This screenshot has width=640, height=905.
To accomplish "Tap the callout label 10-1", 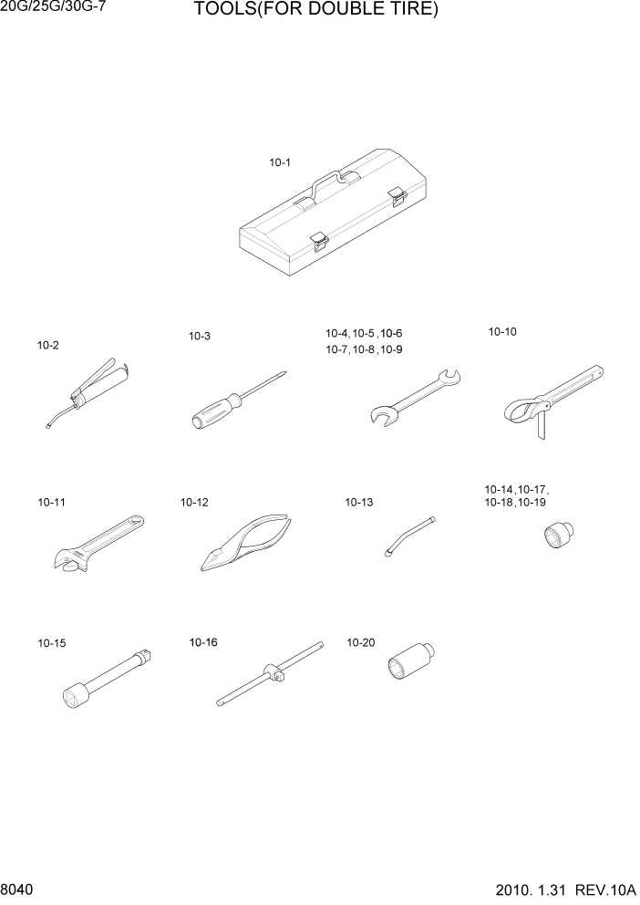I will point(279,163).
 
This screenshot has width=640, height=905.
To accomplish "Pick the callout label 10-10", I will point(502,332).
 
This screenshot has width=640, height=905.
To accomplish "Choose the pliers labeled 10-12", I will point(243,544).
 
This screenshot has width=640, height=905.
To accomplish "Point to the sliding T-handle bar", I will point(271,674).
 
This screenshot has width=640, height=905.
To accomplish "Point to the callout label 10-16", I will point(203,642).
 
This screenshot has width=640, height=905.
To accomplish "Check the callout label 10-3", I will point(200,336).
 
